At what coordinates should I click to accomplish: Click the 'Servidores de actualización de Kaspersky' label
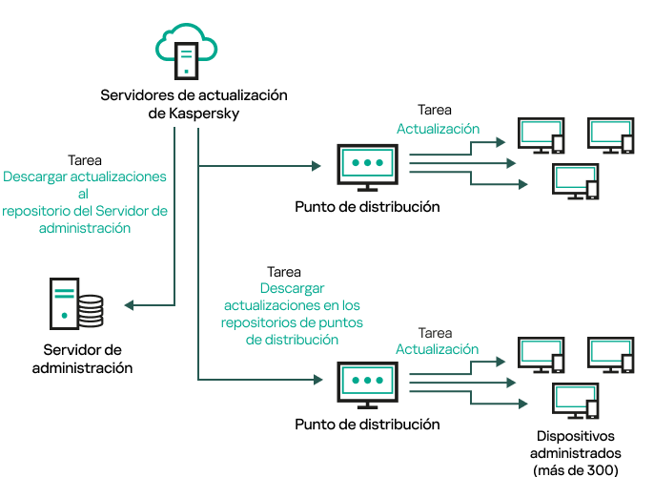(194, 105)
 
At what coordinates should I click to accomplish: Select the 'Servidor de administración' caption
(83, 359)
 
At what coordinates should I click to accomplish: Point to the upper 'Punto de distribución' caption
(367, 207)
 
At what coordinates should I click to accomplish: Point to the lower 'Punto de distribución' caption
(367, 424)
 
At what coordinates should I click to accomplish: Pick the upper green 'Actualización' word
(438, 129)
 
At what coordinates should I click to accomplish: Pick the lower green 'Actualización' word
(437, 349)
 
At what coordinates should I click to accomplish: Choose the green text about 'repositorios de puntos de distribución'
(292, 313)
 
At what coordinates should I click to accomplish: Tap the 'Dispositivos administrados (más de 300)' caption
(577, 453)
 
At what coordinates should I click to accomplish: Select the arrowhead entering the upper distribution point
(317, 166)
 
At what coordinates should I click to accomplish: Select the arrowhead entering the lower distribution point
(317, 380)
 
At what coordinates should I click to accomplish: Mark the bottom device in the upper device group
(576, 181)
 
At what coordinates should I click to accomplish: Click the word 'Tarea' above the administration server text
(85, 161)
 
